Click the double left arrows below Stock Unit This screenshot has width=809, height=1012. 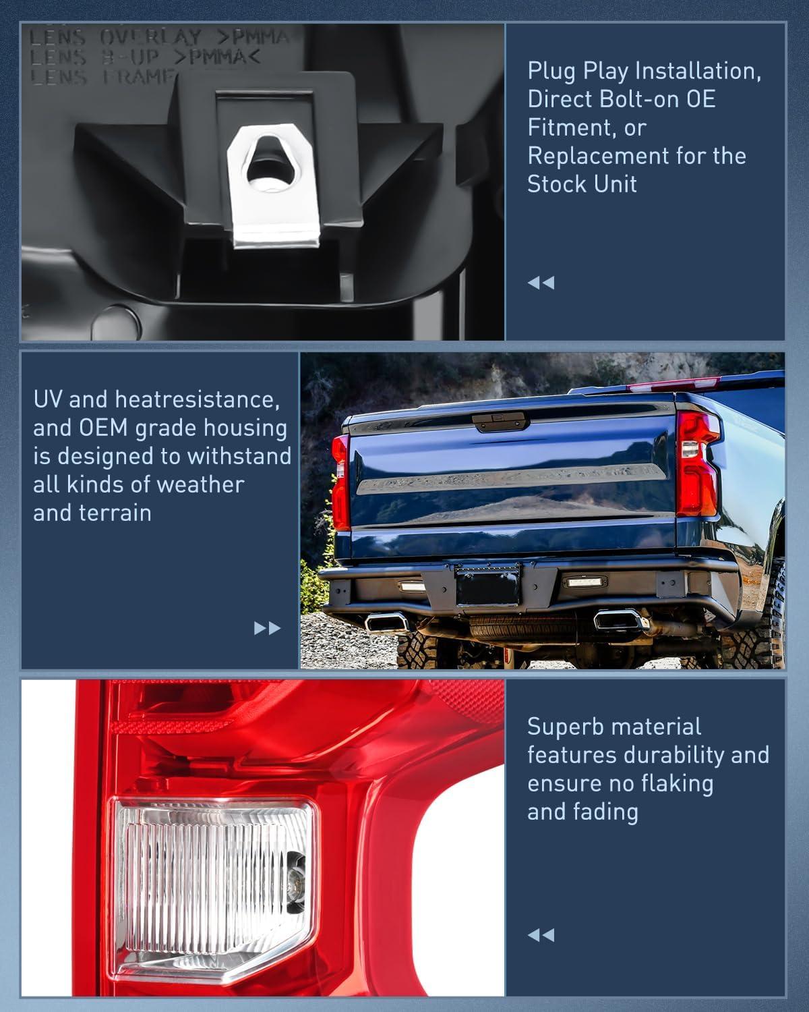541,283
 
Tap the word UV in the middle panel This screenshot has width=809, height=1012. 48,399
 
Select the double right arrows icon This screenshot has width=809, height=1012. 267,629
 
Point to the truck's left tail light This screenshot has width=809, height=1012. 341,482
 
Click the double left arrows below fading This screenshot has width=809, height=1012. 541,935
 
